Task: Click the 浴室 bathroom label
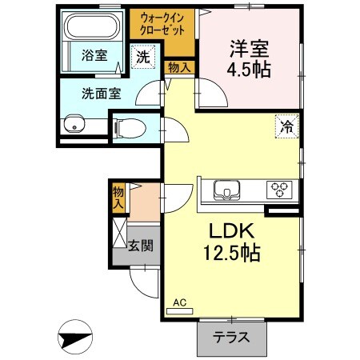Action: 94,55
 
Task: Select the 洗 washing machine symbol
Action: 142,58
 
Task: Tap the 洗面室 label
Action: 101,92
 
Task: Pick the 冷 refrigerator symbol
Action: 286,125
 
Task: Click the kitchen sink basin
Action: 226,190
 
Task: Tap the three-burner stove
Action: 280,190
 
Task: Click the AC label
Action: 180,302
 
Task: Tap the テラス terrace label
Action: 230,337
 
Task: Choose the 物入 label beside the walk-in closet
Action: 178,68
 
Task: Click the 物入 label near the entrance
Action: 118,197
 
